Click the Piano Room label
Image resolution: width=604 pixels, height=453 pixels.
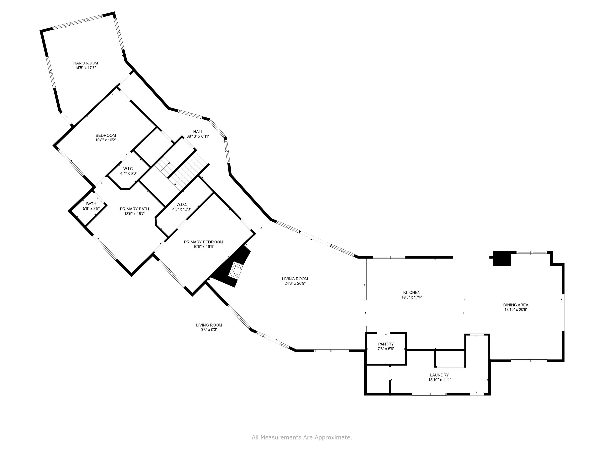(85, 63)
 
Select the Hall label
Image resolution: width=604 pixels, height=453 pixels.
(198, 132)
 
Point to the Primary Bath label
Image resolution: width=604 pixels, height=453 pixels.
(134, 209)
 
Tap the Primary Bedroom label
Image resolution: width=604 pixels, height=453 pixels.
(203, 242)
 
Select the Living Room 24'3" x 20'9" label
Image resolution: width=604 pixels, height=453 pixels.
(295, 279)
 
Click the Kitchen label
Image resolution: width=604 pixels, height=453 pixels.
(412, 293)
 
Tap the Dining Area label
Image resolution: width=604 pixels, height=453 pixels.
(516, 305)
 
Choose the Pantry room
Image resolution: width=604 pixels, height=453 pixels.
(386, 346)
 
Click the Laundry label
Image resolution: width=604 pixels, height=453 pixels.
(439, 375)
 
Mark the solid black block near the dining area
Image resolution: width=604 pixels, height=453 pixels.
(502, 258)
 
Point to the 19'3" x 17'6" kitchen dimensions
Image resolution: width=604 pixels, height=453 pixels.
(412, 297)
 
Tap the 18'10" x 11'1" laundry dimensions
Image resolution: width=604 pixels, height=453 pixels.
(439, 380)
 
